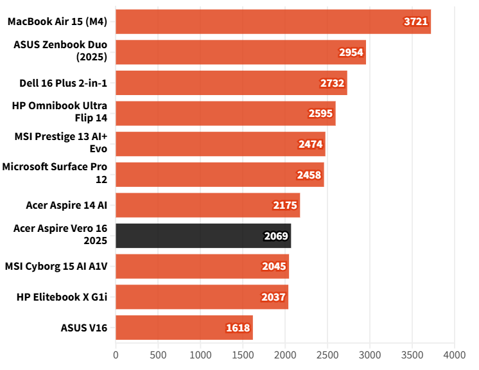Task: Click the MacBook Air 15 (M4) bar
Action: [273, 21]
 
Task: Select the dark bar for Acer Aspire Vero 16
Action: [203, 236]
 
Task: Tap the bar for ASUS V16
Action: [184, 328]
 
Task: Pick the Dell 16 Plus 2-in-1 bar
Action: [231, 83]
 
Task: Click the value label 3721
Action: [416, 21]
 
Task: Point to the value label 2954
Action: [351, 52]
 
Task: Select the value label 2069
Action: [276, 236]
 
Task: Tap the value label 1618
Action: [238, 328]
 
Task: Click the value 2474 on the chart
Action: [311, 144]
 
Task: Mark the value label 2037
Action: [274, 297]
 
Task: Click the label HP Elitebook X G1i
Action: [63, 297]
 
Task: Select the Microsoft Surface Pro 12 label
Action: [55, 174]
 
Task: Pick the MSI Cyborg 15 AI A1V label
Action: [56, 266]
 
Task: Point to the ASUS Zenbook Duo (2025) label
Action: [60, 51]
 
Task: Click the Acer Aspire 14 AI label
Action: [67, 205]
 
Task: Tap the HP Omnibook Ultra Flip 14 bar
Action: [225, 113]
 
